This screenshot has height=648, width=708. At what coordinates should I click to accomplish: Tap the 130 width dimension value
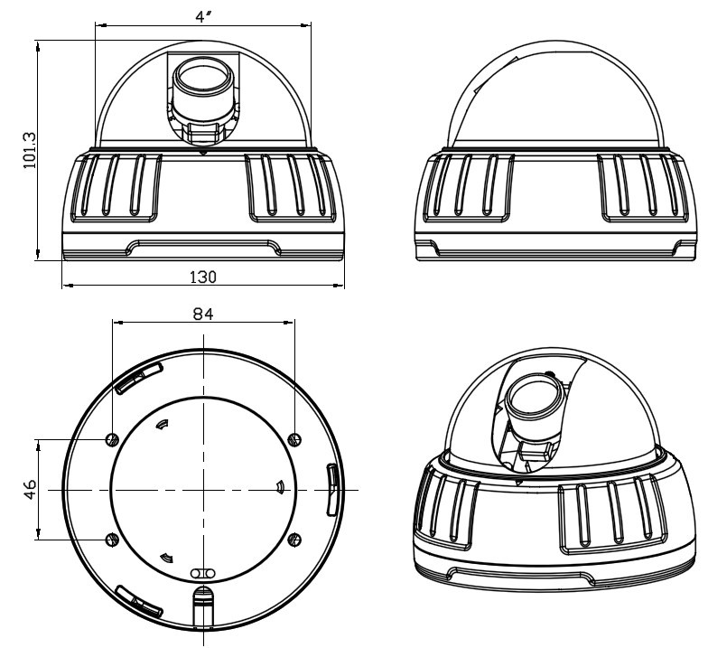pyautogui.click(x=202, y=276)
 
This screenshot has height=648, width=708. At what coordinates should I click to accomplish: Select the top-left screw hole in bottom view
pyautogui.click(x=111, y=439)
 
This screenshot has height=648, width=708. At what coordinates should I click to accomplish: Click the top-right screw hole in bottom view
pyautogui.click(x=295, y=438)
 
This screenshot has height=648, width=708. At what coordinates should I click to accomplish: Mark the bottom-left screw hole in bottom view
pyautogui.click(x=111, y=539)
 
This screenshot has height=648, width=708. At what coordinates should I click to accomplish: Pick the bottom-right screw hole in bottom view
pyautogui.click(x=295, y=539)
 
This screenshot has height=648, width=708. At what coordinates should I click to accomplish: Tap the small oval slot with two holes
pyautogui.click(x=203, y=573)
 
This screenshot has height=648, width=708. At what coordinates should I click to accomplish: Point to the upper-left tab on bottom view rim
pyautogui.click(x=137, y=378)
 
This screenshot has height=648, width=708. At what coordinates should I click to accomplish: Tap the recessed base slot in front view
pyautogui.click(x=202, y=245)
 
